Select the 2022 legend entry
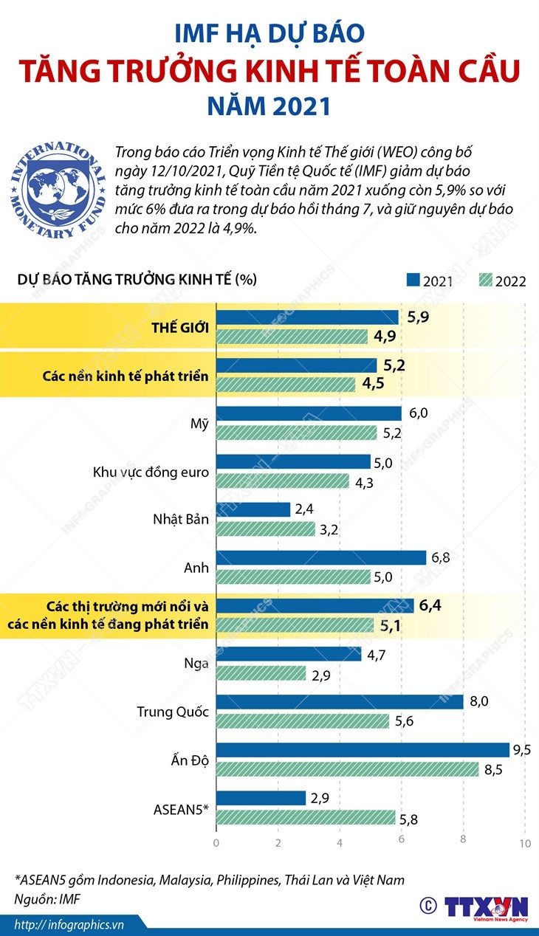tap(502, 281)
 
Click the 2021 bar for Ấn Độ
tap(363, 750)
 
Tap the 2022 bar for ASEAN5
tap(306, 816)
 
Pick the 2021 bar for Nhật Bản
tap(253, 509)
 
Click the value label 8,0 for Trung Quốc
tap(480, 701)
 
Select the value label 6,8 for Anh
tap(442, 557)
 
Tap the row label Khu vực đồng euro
tap(151, 472)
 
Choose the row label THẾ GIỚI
tap(179, 327)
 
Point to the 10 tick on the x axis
tap(524, 843)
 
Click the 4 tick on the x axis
tap(340, 843)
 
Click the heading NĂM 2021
tap(269, 106)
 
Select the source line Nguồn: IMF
tap(47, 898)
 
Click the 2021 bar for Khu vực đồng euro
tap(293, 461)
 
